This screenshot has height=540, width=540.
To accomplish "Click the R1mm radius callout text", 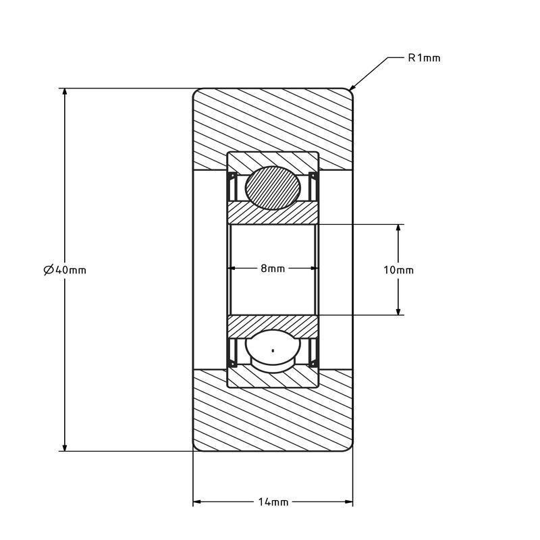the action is [x=424, y=58].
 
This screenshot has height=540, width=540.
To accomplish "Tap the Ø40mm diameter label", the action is [x=65, y=270].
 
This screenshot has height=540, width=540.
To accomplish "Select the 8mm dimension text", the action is [x=273, y=268].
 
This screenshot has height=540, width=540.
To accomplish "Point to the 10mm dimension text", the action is [x=398, y=270].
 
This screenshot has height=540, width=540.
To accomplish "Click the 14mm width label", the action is [x=273, y=502].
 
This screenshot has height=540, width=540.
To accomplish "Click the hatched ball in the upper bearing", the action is [x=273, y=188].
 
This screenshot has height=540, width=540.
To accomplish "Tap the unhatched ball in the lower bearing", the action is [x=273, y=351].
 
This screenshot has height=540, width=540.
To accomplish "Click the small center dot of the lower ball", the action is [x=273, y=351].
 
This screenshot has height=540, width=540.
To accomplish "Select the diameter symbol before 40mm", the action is [x=49, y=270].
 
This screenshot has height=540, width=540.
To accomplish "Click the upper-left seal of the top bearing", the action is [x=232, y=186].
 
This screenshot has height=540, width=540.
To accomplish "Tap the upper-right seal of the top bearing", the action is [x=313, y=186].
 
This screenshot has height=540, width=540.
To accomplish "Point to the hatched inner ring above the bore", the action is [x=273, y=213].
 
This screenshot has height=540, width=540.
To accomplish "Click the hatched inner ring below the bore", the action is [x=273, y=325].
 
